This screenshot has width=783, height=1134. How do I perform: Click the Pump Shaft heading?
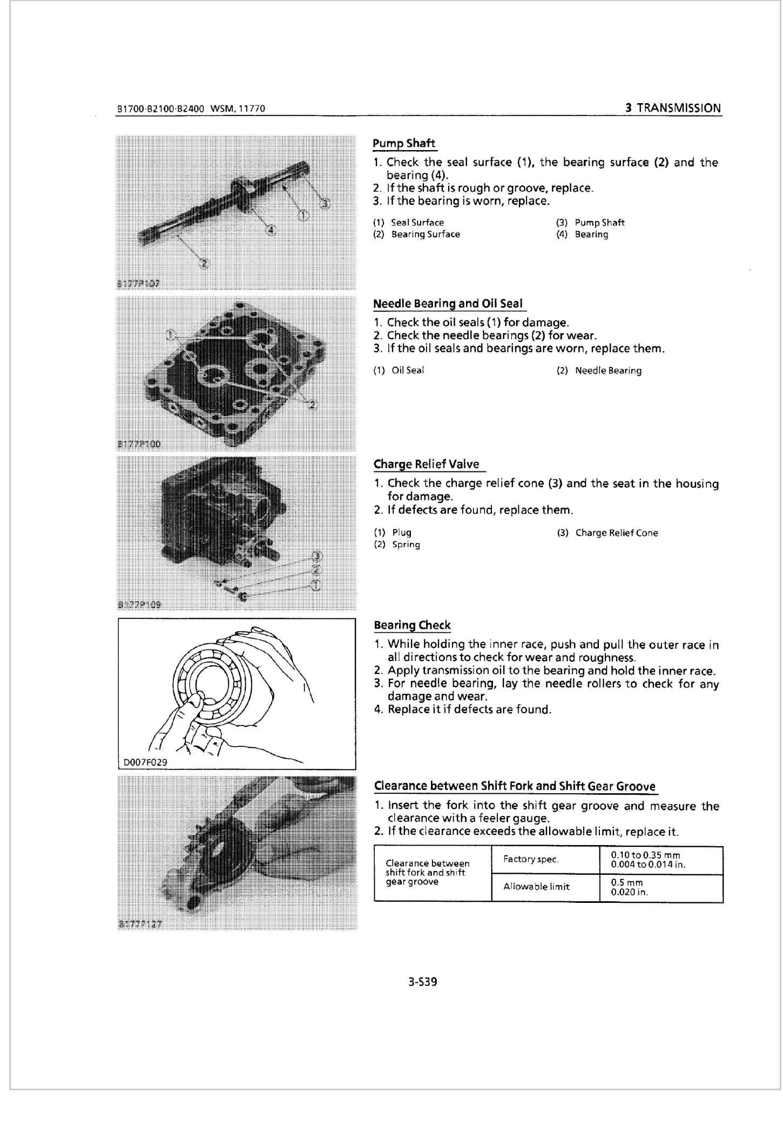click(x=404, y=143)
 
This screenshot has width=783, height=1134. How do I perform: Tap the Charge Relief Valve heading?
click(x=427, y=464)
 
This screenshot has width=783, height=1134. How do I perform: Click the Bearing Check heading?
click(x=412, y=625)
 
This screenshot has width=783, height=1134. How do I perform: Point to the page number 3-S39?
click(x=423, y=982)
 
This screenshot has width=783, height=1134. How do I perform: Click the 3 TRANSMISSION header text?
click(x=673, y=107)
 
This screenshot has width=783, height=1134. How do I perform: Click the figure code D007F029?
click(x=145, y=762)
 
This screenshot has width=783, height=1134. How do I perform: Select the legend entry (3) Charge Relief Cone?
click(x=607, y=533)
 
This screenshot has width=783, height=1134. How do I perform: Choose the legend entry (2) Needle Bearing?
click(x=599, y=370)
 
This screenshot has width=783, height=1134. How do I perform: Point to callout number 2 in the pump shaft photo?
click(x=204, y=264)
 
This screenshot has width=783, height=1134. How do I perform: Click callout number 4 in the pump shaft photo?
click(x=272, y=231)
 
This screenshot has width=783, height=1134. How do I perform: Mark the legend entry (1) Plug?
click(x=393, y=532)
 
